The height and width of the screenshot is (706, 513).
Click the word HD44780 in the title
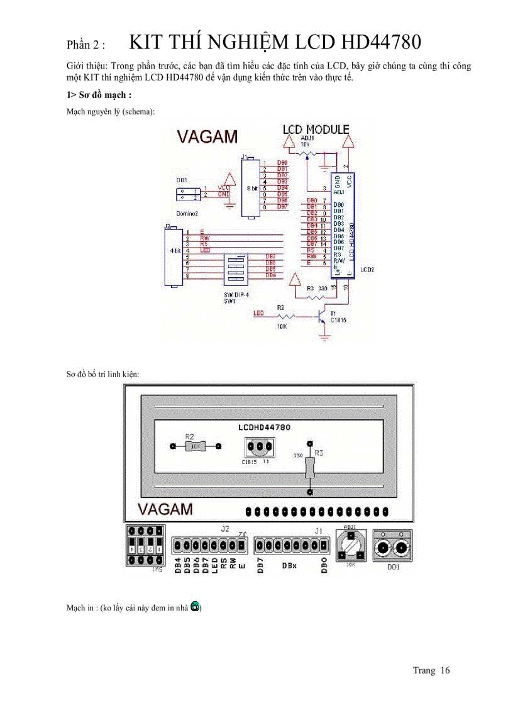(380, 42)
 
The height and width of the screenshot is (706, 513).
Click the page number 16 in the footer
(445, 670)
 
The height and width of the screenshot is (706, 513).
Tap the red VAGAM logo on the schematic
(207, 137)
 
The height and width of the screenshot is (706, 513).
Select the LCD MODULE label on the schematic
(316, 130)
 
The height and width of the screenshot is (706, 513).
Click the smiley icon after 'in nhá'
(196, 607)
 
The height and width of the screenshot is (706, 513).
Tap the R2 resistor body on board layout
(195, 446)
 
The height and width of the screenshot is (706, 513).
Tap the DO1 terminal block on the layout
(393, 546)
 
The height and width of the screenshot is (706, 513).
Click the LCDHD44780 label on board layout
(264, 427)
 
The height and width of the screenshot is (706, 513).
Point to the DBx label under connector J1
(289, 566)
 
